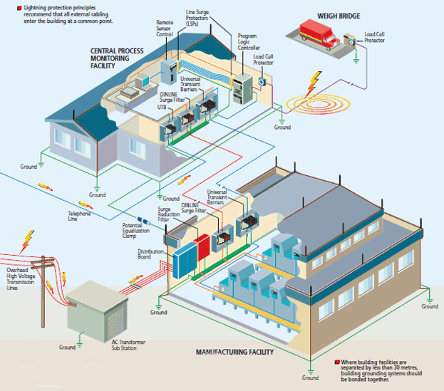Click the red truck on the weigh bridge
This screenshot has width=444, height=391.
319,34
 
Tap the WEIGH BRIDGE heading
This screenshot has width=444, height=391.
339,16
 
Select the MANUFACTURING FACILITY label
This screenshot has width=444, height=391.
234,352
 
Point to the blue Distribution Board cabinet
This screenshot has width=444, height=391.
185,260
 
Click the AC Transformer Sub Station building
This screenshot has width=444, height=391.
97,311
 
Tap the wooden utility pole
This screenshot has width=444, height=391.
43,291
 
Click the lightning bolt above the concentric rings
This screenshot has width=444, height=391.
314,84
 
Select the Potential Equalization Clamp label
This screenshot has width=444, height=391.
135,231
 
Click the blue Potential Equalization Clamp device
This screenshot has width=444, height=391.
144,221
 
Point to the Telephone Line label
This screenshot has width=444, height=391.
79,216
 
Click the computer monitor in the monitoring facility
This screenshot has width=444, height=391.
143,80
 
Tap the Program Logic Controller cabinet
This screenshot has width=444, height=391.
242,89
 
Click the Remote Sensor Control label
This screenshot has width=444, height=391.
165,28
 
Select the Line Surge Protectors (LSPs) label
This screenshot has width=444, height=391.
197,18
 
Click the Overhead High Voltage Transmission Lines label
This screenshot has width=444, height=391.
21,279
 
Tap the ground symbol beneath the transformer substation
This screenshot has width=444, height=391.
80,345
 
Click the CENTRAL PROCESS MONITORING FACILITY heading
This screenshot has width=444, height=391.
117,58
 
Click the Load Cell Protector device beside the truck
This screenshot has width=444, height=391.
350,41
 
